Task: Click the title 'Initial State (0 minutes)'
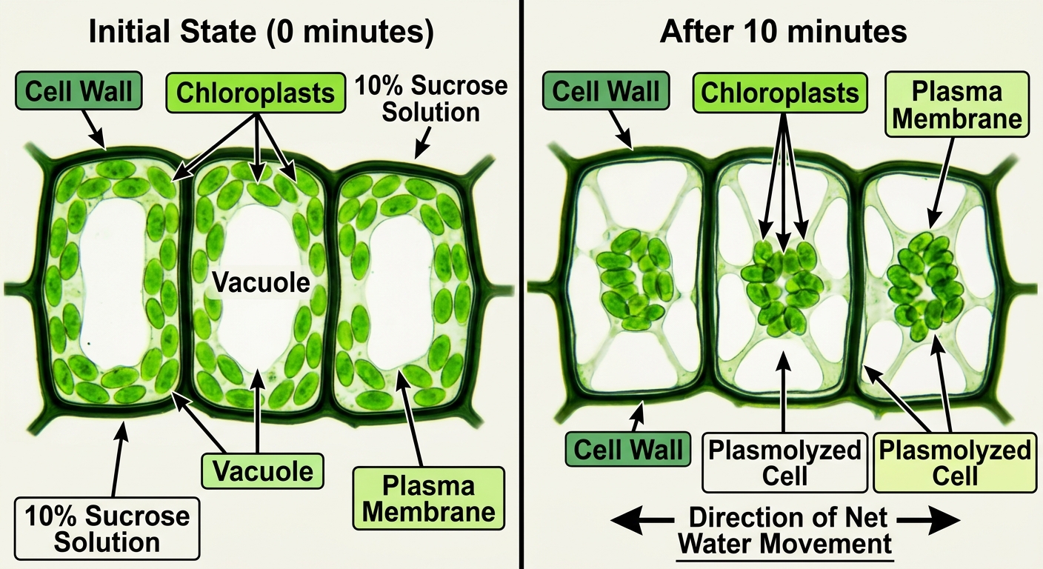point(261,32)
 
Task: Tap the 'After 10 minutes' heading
point(783,32)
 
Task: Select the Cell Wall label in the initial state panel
point(79,90)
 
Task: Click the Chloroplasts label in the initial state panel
point(256,93)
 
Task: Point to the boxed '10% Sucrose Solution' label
point(107,529)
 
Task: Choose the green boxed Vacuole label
point(263,471)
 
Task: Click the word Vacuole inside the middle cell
point(261,282)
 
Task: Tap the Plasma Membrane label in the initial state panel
point(429,499)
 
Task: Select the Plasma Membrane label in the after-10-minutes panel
point(957,104)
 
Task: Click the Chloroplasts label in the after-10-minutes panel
point(780,93)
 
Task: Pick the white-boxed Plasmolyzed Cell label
point(784,462)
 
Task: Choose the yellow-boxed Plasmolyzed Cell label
point(955,462)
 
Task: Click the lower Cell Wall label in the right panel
point(627,449)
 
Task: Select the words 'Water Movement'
point(784,543)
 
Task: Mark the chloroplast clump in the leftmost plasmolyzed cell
point(634,279)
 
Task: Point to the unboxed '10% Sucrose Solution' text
point(431,99)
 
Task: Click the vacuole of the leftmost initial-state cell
point(113,284)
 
